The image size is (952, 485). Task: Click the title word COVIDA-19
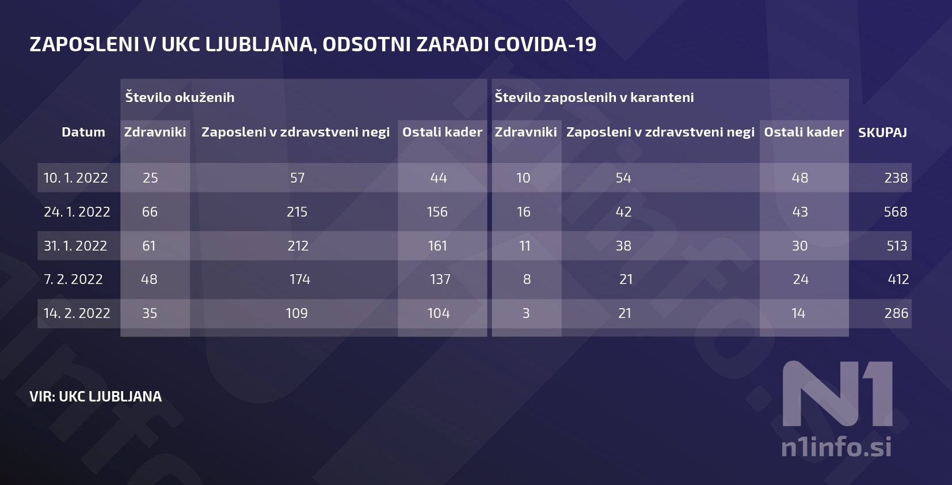tap(545, 44)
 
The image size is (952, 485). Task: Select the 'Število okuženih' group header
tap(180, 97)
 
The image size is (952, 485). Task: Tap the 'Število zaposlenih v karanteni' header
tap(594, 97)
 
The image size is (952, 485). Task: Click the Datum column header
tap(83, 132)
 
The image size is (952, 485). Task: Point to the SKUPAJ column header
tap(882, 132)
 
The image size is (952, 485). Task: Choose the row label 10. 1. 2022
tap(75, 177)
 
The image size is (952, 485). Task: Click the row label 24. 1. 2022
tap(77, 211)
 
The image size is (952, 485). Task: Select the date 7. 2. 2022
tap(73, 279)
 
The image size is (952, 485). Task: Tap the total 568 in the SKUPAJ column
tap(896, 211)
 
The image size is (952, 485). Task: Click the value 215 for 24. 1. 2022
tap(296, 211)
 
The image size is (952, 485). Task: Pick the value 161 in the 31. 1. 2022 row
tap(437, 245)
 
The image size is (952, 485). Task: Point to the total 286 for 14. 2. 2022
tap(896, 313)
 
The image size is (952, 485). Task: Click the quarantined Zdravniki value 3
tap(525, 313)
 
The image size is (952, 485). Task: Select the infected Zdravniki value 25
tap(150, 177)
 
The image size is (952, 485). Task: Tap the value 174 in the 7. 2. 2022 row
tap(300, 279)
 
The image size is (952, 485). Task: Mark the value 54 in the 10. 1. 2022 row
tap(623, 177)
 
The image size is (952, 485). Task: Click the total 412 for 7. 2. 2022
tap(898, 279)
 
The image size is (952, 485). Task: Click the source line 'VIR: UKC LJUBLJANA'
tap(96, 396)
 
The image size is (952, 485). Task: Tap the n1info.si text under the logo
tap(836, 447)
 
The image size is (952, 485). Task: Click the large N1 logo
tap(837, 393)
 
